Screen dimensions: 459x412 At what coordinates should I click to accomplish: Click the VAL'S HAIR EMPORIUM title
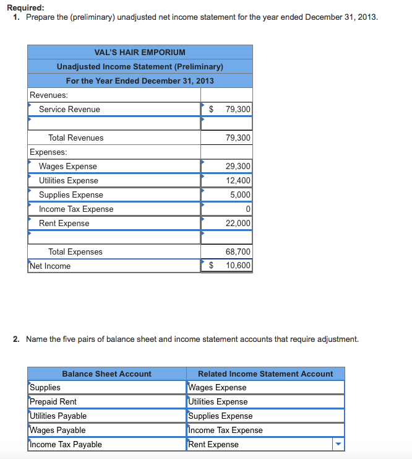tap(140, 52)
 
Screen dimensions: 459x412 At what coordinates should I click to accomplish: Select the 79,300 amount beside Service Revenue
tap(238, 110)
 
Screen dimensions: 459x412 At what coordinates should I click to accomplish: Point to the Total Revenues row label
tap(75, 138)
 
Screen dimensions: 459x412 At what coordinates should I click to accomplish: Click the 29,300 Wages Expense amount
tap(238, 167)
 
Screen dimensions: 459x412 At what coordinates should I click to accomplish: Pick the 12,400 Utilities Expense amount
tap(238, 181)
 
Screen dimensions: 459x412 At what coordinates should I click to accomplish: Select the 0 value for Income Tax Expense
tap(247, 209)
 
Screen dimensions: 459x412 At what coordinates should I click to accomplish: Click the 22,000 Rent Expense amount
tap(238, 224)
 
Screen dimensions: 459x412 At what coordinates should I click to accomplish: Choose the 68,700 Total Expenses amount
tap(238, 252)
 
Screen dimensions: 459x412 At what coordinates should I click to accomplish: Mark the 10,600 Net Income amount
tap(238, 266)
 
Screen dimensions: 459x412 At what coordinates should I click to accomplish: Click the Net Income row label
tap(50, 266)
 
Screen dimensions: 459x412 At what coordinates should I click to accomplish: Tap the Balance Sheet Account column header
tap(106, 374)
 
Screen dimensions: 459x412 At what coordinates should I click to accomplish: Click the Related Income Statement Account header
tap(265, 374)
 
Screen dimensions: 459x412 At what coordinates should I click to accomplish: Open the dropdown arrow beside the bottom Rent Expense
tap(337, 445)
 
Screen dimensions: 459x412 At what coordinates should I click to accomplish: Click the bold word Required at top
tap(25, 7)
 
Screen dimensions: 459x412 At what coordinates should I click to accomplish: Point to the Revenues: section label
tap(49, 95)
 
